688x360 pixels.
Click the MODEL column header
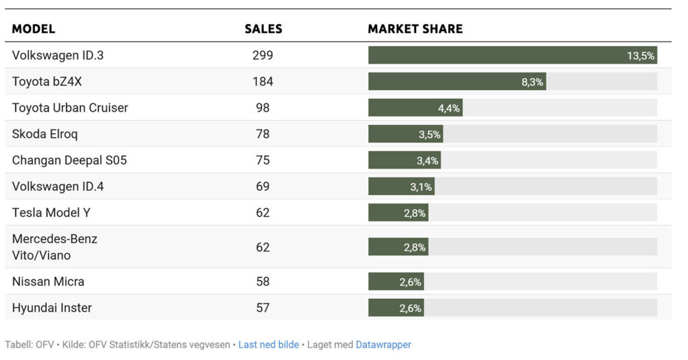point(34,29)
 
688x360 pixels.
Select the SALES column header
point(263,29)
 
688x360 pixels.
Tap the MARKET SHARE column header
point(415,29)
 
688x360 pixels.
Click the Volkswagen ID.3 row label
point(58,55)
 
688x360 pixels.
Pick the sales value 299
point(263,55)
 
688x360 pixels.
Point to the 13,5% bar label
point(640,56)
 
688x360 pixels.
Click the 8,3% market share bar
point(457,82)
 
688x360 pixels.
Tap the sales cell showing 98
point(263,107)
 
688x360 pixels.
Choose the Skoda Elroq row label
point(45,134)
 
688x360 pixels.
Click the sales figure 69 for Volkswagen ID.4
point(263,186)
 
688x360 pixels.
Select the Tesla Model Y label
point(51,212)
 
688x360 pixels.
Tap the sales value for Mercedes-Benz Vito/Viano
point(263,247)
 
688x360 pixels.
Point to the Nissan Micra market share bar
point(396,282)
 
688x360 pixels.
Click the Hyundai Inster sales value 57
point(263,308)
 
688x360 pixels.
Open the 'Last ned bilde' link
point(269,345)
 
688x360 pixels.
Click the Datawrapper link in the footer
point(383,345)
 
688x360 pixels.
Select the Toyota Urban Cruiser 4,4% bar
point(415,108)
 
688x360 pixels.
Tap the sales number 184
point(263,81)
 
